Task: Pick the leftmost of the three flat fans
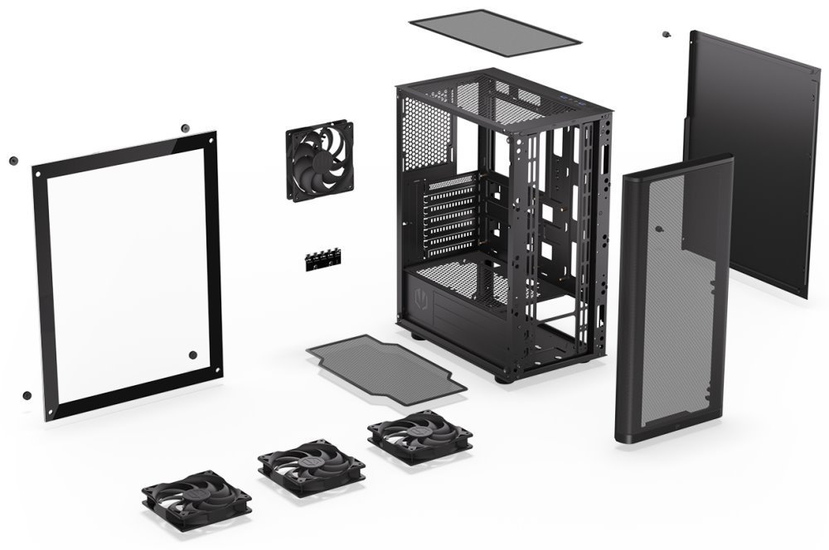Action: click(196, 499)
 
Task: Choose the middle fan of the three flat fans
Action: click(311, 466)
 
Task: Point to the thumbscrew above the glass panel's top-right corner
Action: click(183, 128)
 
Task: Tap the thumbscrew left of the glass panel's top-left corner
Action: click(12, 160)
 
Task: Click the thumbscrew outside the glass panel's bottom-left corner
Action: click(27, 395)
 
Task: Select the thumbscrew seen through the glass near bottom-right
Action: click(193, 355)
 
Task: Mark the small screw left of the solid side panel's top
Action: click(666, 35)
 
